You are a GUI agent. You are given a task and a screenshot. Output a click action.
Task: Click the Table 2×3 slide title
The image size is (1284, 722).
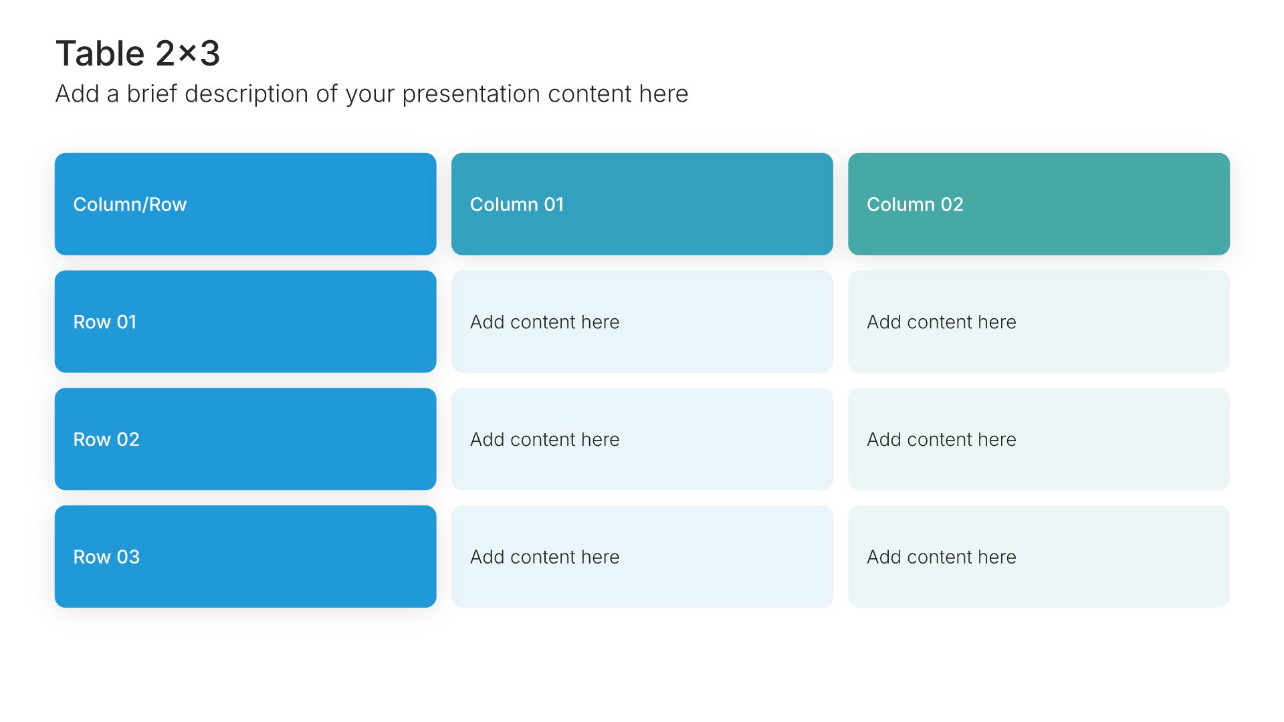(x=138, y=53)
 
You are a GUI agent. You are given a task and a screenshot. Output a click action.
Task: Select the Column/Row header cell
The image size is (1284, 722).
(x=245, y=204)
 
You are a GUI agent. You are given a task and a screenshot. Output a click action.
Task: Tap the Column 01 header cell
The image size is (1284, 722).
(x=642, y=204)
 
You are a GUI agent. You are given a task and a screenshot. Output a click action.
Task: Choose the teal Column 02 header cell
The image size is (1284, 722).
(x=1039, y=204)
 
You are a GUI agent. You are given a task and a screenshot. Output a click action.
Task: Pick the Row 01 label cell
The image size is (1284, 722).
(x=245, y=322)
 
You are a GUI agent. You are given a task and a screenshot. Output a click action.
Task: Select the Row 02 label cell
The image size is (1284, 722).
(x=245, y=439)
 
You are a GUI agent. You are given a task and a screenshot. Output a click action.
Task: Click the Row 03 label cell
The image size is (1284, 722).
(x=245, y=557)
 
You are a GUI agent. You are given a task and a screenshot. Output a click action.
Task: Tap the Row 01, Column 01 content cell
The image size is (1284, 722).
(x=642, y=322)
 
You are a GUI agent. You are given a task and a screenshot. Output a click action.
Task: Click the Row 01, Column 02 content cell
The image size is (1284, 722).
(x=1039, y=322)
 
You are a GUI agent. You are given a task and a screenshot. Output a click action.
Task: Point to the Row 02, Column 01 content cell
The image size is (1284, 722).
(x=642, y=439)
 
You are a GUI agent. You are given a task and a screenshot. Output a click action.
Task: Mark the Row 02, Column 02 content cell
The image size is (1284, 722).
(x=1039, y=439)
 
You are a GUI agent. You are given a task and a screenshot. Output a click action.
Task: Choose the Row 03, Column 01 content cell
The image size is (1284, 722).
(x=642, y=557)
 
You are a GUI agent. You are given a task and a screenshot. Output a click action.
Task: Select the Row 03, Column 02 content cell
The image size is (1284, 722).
(x=1039, y=557)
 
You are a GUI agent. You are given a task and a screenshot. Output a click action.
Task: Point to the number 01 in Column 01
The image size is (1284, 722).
(x=554, y=205)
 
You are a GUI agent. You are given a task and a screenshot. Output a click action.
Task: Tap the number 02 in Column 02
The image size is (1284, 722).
(x=952, y=205)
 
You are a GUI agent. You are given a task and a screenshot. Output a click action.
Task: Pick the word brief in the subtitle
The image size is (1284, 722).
(x=152, y=94)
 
